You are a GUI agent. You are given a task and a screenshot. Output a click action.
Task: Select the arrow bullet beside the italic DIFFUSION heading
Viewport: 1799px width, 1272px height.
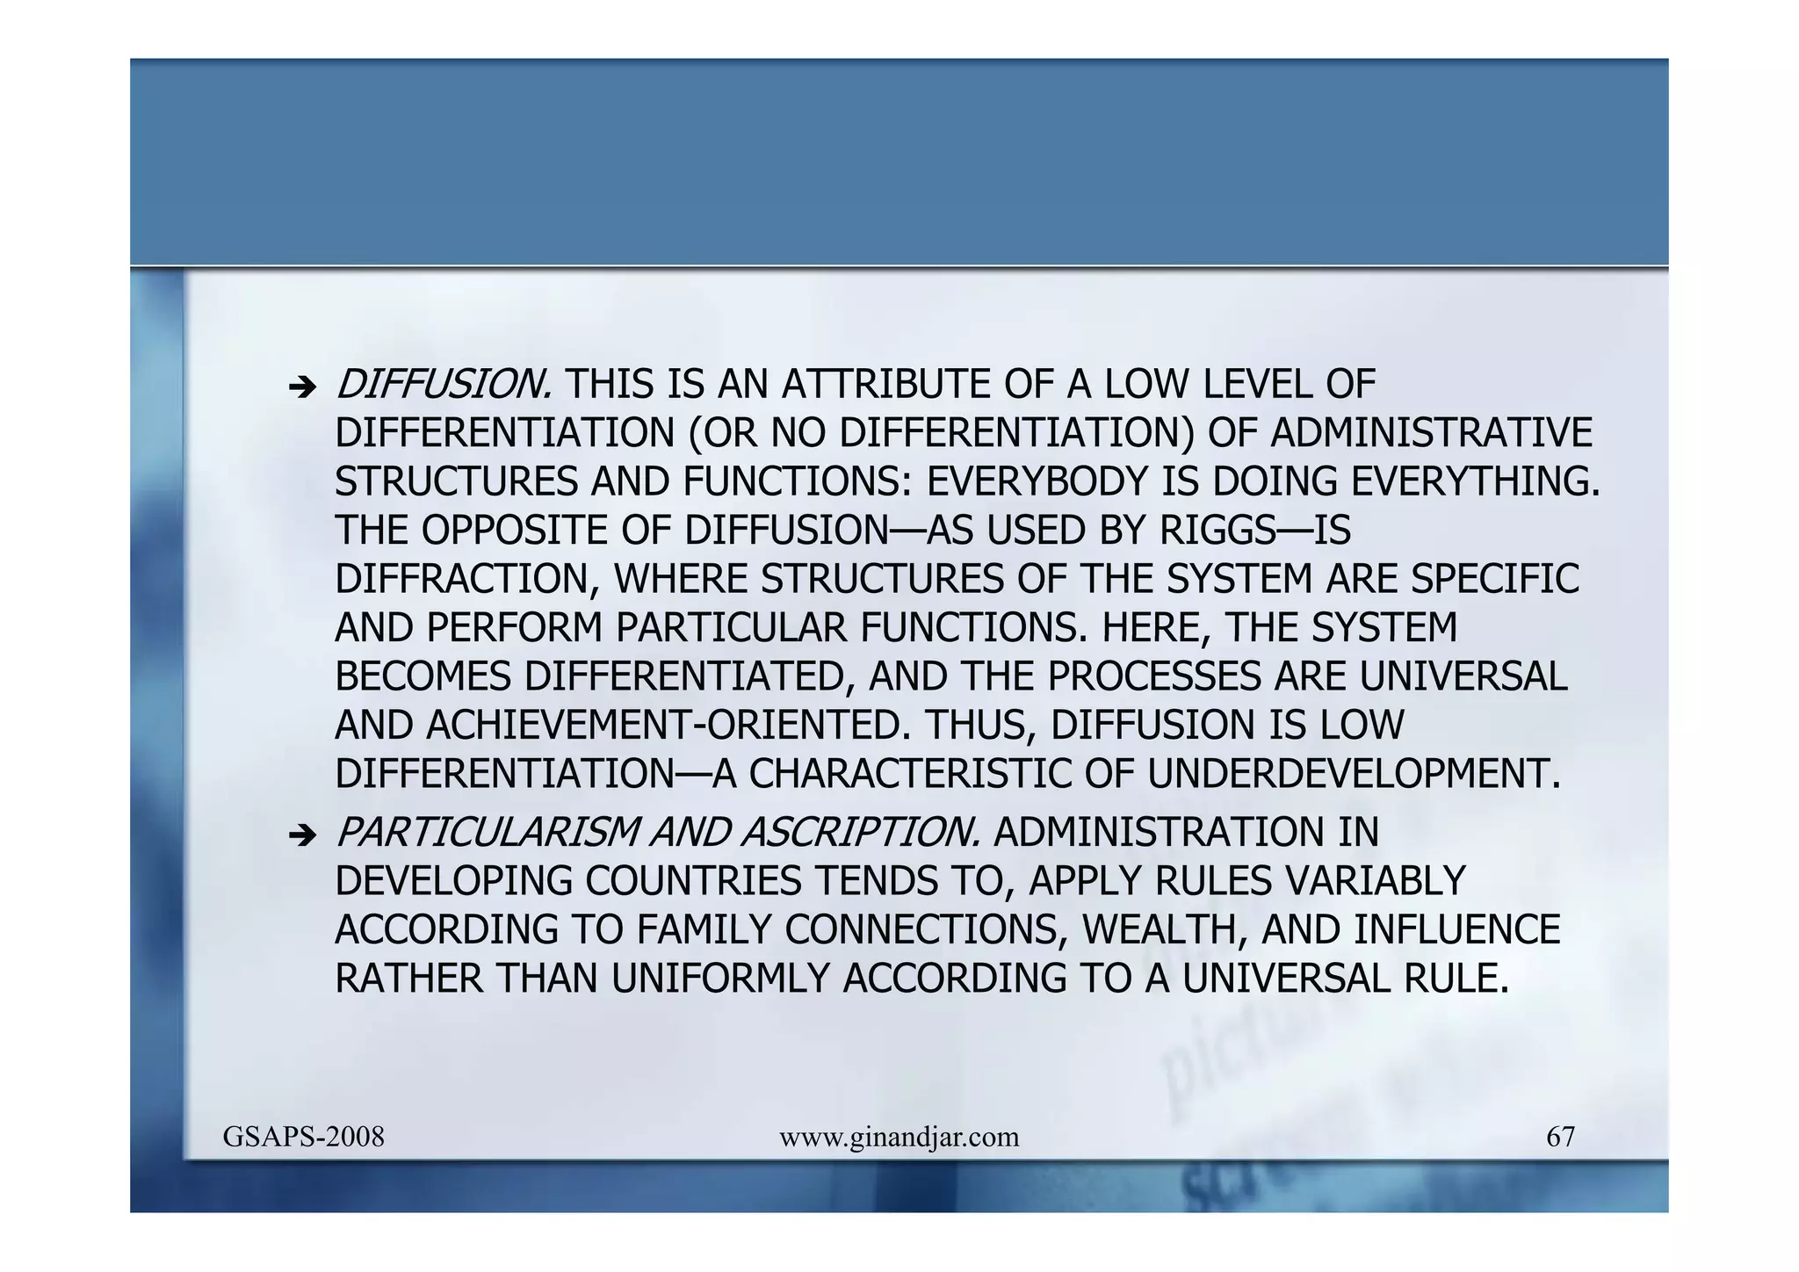click(x=301, y=387)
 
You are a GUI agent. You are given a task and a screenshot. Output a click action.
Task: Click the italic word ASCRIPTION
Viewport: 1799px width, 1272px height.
click(x=860, y=833)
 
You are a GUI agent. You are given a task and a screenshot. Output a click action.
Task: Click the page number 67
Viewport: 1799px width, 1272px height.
click(x=1560, y=1138)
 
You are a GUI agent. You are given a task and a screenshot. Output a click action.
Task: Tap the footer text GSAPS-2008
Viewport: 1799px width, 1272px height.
click(x=303, y=1138)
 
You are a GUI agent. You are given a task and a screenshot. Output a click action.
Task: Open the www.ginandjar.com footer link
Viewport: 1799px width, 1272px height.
click(x=899, y=1138)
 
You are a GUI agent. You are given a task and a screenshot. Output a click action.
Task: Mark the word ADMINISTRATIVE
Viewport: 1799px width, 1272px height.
click(x=1431, y=433)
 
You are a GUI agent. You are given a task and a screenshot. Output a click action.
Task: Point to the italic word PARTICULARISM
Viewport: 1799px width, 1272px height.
click(x=488, y=833)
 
